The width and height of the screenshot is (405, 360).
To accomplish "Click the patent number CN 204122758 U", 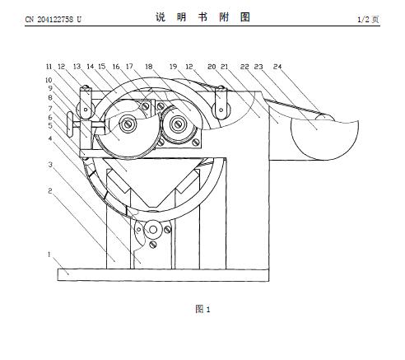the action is pyautogui.click(x=54, y=19).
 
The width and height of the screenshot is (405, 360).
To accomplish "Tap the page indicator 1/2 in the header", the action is pyautogui.click(x=364, y=19).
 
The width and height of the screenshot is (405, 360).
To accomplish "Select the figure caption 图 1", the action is pyautogui.click(x=202, y=309).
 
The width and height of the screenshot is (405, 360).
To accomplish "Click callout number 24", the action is pyautogui.click(x=277, y=67).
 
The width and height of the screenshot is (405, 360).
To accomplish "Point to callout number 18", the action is pyautogui.click(x=149, y=67).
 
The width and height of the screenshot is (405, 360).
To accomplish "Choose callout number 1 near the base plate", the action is pyautogui.click(x=49, y=255).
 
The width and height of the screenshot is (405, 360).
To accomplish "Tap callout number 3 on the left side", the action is pyautogui.click(x=50, y=165).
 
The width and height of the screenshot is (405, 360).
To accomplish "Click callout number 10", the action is pyautogui.click(x=49, y=80).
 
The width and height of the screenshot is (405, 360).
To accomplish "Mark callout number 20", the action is pyautogui.click(x=212, y=67).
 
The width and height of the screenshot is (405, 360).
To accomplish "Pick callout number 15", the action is pyautogui.click(x=102, y=67).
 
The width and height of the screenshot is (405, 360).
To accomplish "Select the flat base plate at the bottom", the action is pyautogui.click(x=163, y=275).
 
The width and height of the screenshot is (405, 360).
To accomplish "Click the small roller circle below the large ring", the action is pyautogui.click(x=153, y=229).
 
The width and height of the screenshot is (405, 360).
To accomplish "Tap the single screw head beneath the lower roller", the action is pyautogui.click(x=153, y=244).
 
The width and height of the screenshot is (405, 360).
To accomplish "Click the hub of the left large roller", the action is pyautogui.click(x=128, y=124).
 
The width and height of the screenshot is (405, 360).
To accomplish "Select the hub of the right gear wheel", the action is pyautogui.click(x=179, y=124).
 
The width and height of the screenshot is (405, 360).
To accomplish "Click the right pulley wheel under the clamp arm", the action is pyautogui.click(x=221, y=110).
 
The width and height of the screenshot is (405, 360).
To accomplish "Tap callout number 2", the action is pyautogui.click(x=50, y=190).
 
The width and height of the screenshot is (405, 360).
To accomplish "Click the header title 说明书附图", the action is pyautogui.click(x=202, y=17).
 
